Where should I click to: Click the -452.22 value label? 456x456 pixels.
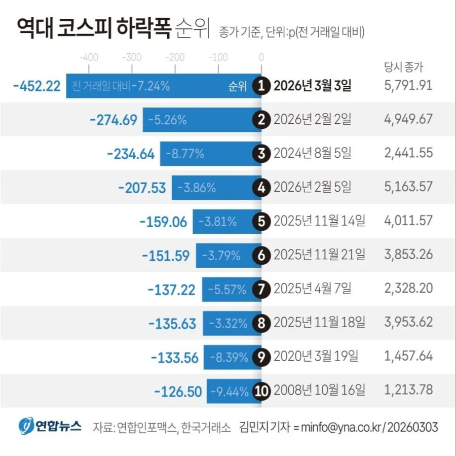pos(37,86)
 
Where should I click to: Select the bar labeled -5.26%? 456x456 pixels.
pos(202,120)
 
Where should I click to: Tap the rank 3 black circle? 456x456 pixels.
pos(261,154)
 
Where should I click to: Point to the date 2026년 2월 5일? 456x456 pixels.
pos(312,187)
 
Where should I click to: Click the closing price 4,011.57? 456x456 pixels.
pos(408,221)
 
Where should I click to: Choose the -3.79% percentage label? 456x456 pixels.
pos(221,256)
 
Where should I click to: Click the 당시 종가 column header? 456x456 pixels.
pos(403,67)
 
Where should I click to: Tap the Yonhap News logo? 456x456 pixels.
pos(50,426)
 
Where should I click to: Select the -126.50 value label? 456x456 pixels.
pos(178,392)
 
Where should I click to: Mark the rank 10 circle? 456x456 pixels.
pos(261,391)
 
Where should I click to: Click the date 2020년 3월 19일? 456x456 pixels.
pos(316,357)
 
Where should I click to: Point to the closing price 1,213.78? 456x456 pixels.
pos(408,390)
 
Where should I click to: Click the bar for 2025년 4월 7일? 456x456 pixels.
pos(232,290)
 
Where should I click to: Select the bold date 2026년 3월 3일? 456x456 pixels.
pos(312,86)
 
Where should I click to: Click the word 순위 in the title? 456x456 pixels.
pos(192,28)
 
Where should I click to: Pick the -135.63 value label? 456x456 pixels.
pos(172,324)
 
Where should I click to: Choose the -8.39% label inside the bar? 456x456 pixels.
pos(229,357)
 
